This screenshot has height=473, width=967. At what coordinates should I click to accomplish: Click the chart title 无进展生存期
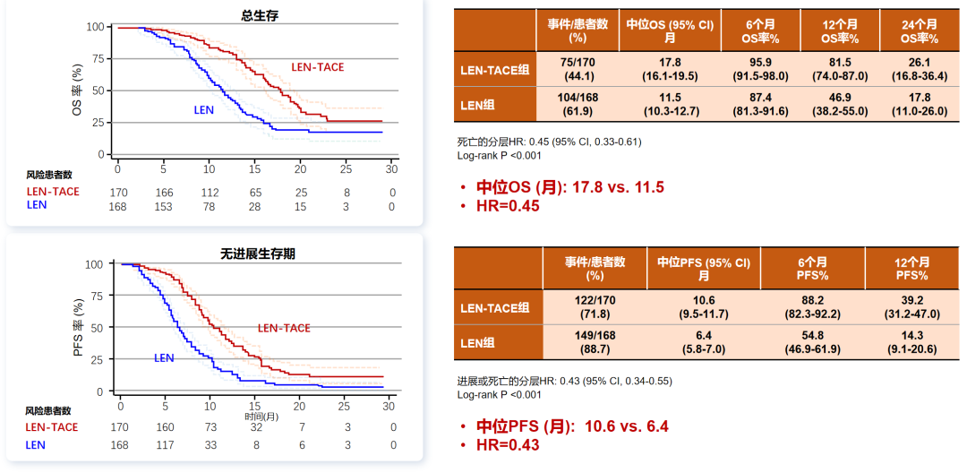[259, 254]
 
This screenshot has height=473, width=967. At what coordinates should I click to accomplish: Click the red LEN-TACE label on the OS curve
[317, 67]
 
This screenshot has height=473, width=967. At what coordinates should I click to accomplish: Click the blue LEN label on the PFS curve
[164, 357]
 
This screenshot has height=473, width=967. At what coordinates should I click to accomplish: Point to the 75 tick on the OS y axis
[98, 58]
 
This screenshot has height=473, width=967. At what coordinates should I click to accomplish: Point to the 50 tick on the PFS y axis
[98, 328]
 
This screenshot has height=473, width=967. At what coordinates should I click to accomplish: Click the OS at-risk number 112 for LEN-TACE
[209, 192]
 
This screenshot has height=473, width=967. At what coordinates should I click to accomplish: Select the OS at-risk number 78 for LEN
[209, 207]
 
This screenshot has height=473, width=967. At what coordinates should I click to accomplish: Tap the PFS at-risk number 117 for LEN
[165, 444]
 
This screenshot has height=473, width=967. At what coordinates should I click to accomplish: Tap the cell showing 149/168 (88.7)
[595, 341]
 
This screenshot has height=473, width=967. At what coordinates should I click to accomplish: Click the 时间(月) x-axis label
[261, 417]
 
